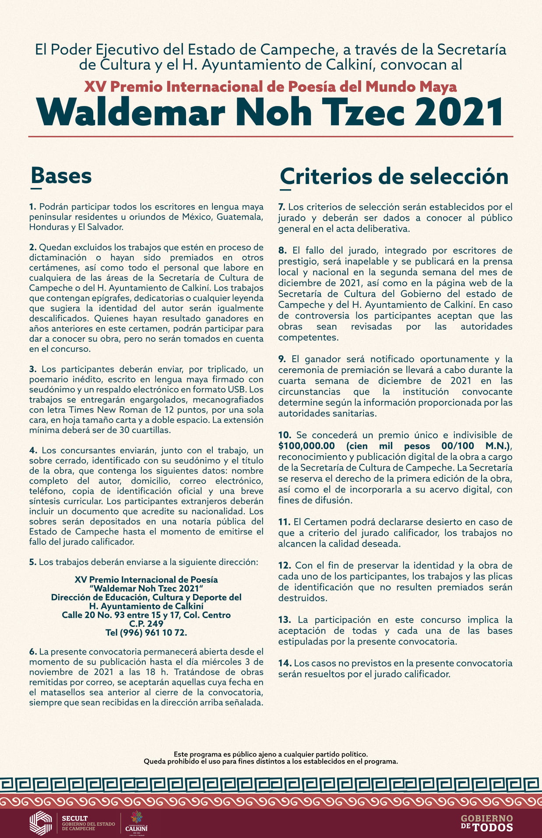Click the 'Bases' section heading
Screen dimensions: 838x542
(x=61, y=176)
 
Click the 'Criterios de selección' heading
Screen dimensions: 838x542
(x=394, y=177)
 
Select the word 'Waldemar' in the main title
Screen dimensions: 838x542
(x=131, y=113)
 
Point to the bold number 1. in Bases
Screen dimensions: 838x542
(x=33, y=207)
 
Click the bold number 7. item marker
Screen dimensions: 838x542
(x=282, y=207)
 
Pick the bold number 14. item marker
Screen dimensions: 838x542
(x=285, y=663)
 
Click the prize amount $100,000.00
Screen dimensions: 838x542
(x=306, y=446)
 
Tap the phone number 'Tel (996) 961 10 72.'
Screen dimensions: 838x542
(x=146, y=633)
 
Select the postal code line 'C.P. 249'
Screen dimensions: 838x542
(x=146, y=623)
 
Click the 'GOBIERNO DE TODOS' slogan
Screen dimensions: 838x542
(x=486, y=823)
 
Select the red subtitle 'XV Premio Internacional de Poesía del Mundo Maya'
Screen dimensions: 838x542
(x=271, y=87)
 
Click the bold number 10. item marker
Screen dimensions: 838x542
(x=285, y=435)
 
